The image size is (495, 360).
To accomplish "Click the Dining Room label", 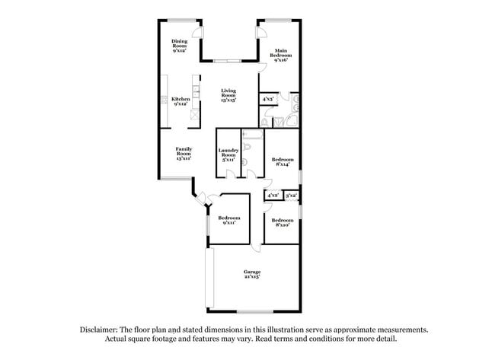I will (179, 46).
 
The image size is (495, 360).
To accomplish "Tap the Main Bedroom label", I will (280, 54).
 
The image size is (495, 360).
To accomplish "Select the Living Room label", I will (228, 94).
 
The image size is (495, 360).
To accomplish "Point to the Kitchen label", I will (180, 101).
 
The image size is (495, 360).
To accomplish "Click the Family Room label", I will (184, 153).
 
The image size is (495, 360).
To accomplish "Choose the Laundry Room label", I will (228, 155).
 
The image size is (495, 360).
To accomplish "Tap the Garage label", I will (252, 274).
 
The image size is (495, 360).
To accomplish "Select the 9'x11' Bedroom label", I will (229, 220).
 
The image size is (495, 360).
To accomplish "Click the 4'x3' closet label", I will (268, 99).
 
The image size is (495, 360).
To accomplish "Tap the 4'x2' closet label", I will (273, 196).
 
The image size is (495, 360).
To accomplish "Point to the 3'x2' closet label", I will (291, 196).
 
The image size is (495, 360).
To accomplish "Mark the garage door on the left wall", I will (212, 277).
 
